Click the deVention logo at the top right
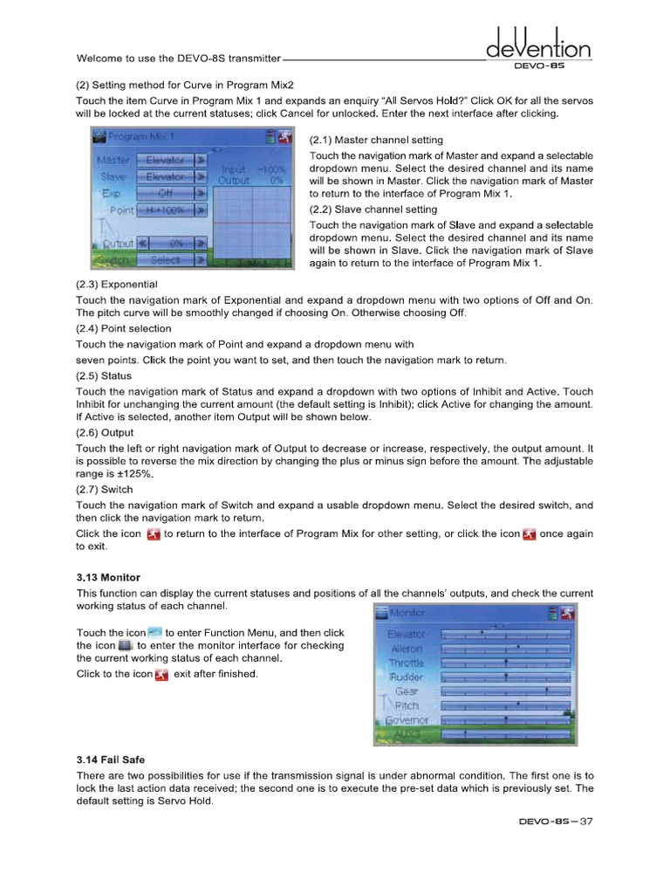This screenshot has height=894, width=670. [x=538, y=44]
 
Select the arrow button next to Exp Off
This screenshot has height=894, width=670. [x=201, y=194]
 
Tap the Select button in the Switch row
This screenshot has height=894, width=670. [x=165, y=260]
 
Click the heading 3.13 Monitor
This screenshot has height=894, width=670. [x=108, y=578]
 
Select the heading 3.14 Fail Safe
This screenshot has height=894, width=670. [x=112, y=759]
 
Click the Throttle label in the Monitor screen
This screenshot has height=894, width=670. [x=406, y=663]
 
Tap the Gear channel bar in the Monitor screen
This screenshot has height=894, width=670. [x=506, y=691]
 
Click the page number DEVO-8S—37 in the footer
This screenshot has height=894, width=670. [x=555, y=822]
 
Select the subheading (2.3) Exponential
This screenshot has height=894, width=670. [x=118, y=285]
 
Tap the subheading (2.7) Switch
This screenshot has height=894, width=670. [x=105, y=490]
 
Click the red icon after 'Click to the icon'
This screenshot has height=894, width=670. [x=161, y=675]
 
